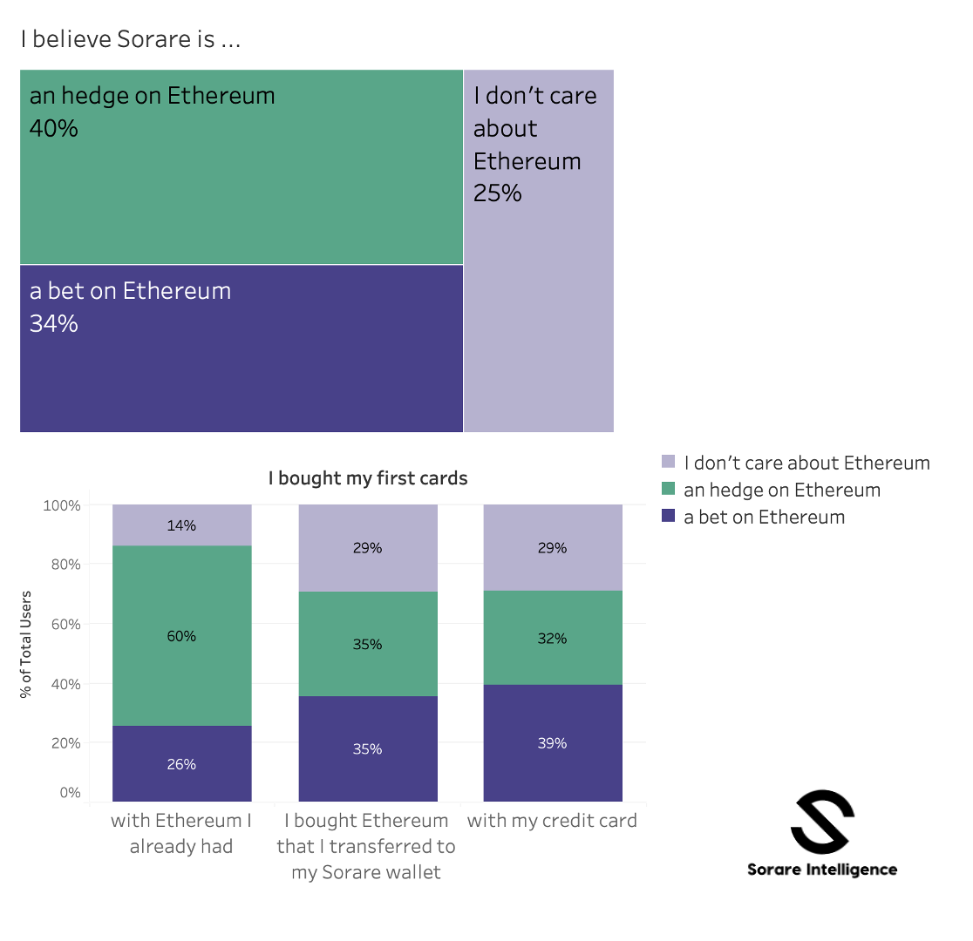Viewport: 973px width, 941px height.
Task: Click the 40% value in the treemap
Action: pos(54,129)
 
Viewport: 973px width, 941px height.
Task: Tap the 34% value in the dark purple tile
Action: pos(54,324)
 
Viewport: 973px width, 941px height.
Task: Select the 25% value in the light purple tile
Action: pos(498,193)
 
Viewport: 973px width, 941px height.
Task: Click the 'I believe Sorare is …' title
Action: pos(131,39)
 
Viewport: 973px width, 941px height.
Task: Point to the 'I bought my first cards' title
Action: pos(368,478)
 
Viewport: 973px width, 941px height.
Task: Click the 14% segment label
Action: pos(181,525)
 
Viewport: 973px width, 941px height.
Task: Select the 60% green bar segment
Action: pos(181,636)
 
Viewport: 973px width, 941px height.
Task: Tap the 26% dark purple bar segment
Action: pos(181,764)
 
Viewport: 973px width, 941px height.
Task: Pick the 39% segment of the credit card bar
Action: pos(553,743)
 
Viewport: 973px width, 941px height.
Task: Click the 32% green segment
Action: pos(553,639)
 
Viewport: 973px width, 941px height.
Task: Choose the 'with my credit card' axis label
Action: pos(552,821)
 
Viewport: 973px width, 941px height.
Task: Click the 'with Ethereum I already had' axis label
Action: pos(181,834)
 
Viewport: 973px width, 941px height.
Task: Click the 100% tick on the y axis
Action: pos(61,505)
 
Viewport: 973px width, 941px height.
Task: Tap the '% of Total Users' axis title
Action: pos(26,645)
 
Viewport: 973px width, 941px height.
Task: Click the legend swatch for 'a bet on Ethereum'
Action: pos(669,517)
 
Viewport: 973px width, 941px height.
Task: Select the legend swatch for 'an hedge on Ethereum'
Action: pos(669,490)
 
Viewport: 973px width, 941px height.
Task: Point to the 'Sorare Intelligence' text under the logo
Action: pos(822,869)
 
